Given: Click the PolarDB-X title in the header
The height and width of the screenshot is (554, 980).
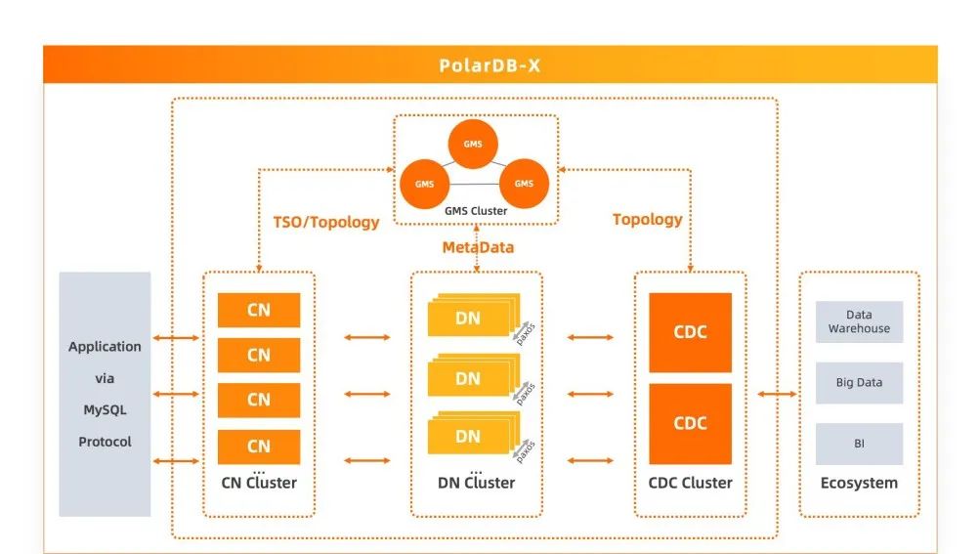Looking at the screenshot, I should (x=490, y=66).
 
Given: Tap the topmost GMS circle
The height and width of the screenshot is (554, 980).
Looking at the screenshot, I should (x=474, y=145).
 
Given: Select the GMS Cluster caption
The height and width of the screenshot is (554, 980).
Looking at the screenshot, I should (x=475, y=211).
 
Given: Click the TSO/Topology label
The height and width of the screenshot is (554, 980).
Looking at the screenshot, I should (x=325, y=222).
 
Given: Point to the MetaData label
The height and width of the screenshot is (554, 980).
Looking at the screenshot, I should (x=478, y=247).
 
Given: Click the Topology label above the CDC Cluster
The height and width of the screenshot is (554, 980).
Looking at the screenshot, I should (x=647, y=219).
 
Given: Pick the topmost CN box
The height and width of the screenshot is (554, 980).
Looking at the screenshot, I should (x=258, y=311).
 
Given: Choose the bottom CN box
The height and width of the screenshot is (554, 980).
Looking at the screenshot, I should (x=258, y=446).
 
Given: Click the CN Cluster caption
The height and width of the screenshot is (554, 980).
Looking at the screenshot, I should (x=258, y=483).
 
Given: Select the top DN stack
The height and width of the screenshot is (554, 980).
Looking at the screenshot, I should (x=469, y=317).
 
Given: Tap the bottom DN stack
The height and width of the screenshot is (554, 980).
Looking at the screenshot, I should (x=469, y=436).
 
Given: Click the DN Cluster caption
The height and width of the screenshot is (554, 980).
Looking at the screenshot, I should (x=476, y=483).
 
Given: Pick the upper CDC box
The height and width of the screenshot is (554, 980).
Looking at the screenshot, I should (x=690, y=332).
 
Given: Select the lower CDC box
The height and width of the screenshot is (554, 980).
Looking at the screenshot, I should (x=690, y=423).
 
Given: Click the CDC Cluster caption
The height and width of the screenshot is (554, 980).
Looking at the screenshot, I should (x=690, y=483).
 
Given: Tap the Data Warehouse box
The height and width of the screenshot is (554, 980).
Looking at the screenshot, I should (x=859, y=321).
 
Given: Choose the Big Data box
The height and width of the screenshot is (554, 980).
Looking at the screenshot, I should (x=859, y=383).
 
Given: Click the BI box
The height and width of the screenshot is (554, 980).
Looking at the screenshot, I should (x=859, y=444).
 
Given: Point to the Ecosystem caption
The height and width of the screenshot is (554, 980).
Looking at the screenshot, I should (x=859, y=483).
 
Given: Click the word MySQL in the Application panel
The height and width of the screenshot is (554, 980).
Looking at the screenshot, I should (x=105, y=409).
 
